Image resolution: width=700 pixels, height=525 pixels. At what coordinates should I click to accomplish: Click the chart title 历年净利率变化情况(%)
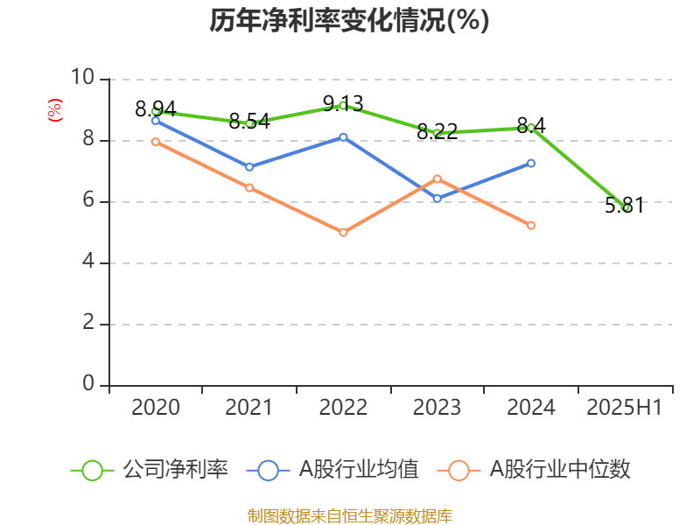(x=349, y=21)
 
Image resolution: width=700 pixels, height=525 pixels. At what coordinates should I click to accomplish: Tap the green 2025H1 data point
(x=626, y=207)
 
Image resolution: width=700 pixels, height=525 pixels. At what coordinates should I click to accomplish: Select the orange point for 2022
(x=343, y=233)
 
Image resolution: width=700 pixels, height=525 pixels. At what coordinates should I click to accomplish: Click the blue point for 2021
(x=249, y=167)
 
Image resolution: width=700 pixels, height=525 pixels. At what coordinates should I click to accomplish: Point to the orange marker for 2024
(x=531, y=226)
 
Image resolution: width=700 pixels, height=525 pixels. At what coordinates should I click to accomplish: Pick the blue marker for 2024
(x=531, y=163)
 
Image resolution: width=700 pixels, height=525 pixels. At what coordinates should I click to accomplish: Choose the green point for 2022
(x=343, y=105)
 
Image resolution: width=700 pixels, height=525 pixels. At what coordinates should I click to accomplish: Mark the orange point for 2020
(x=156, y=142)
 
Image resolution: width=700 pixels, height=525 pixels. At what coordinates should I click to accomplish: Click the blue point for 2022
(x=343, y=137)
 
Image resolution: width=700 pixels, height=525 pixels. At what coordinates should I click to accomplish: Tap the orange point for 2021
(x=249, y=188)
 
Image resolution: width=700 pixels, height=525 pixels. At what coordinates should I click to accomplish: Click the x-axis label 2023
(x=437, y=408)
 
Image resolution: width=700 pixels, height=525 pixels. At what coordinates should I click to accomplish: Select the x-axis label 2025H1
(x=625, y=408)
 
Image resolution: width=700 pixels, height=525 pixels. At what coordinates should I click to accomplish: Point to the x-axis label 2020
(x=156, y=408)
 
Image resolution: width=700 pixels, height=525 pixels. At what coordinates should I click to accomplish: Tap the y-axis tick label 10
(x=82, y=78)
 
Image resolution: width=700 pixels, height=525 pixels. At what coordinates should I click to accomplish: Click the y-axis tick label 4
(x=88, y=262)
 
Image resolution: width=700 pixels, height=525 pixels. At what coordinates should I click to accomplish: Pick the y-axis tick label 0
(x=88, y=384)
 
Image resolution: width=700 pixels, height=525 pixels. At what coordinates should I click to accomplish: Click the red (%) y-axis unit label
(x=54, y=111)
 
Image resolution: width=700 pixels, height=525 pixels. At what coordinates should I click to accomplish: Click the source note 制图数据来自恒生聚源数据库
(x=349, y=515)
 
